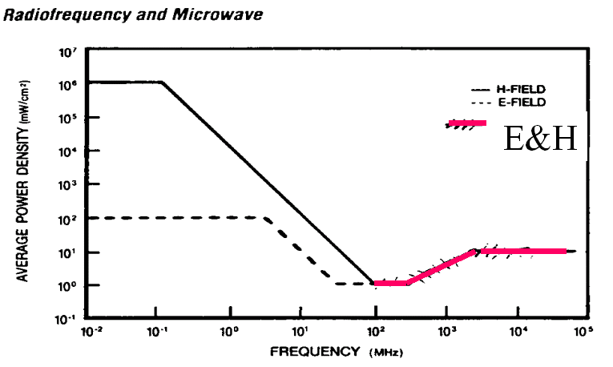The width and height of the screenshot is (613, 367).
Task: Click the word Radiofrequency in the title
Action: (50, 15)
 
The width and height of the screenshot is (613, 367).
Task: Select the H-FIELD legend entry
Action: (517, 89)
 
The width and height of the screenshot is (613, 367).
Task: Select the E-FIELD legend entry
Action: (517, 102)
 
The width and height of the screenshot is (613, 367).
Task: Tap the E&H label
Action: (540, 139)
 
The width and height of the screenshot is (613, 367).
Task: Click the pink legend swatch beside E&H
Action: (467, 123)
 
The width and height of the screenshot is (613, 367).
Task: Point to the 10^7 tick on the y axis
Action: (67, 51)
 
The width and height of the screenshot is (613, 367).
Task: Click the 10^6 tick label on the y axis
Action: (67, 83)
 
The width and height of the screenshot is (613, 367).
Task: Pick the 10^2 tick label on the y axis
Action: (67, 218)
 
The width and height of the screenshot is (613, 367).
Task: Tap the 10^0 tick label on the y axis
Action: (67, 285)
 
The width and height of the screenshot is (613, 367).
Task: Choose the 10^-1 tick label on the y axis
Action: (67, 318)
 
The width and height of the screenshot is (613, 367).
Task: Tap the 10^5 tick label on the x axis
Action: (589, 331)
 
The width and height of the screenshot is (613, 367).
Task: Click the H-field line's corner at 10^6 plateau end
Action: (163, 82)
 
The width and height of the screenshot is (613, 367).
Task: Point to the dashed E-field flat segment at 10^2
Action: (176, 217)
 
